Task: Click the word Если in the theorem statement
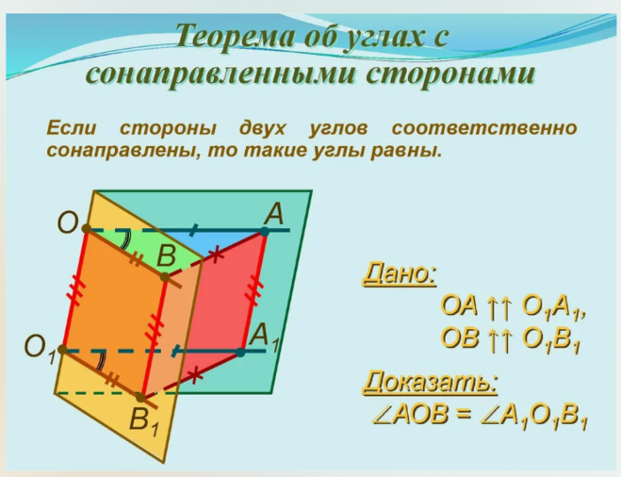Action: coord(72,128)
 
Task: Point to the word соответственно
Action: coord(484,128)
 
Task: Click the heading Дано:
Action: coord(400,273)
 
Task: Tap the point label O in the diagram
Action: coord(68,222)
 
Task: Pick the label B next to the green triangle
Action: coord(166,255)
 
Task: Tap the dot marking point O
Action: coord(87,228)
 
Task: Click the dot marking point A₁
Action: coord(240,353)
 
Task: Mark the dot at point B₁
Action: coord(140,397)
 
